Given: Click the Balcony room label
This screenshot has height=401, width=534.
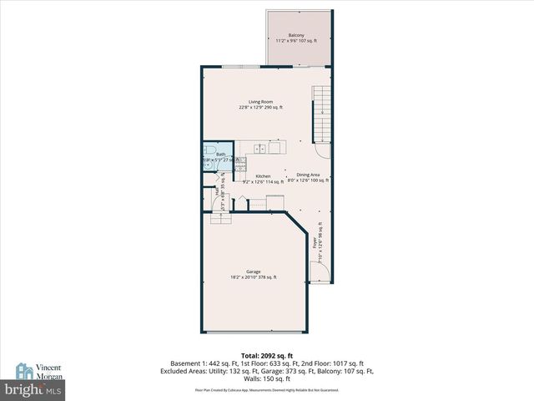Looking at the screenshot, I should tap(296, 34).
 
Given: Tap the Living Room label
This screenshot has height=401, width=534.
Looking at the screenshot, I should tap(260, 102).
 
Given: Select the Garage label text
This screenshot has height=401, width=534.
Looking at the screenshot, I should tap(254, 272).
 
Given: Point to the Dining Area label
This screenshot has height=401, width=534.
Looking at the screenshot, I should tap(309, 175).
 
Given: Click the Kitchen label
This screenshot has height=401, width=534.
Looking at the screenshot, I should tap(264, 176).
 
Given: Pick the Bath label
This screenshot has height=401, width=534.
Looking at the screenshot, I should tap(220, 154).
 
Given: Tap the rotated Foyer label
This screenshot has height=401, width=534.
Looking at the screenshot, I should tap(315, 243).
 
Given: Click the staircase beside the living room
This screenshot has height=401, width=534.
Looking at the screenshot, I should tap(321, 114).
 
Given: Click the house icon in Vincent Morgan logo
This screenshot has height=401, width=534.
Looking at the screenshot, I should tap(23, 370).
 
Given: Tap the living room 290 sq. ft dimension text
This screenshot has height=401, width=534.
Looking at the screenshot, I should tap(260, 108).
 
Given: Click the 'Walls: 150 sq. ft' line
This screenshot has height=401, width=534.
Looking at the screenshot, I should tap(267, 378).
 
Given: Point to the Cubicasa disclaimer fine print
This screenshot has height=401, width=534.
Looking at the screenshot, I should tap(267, 389).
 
